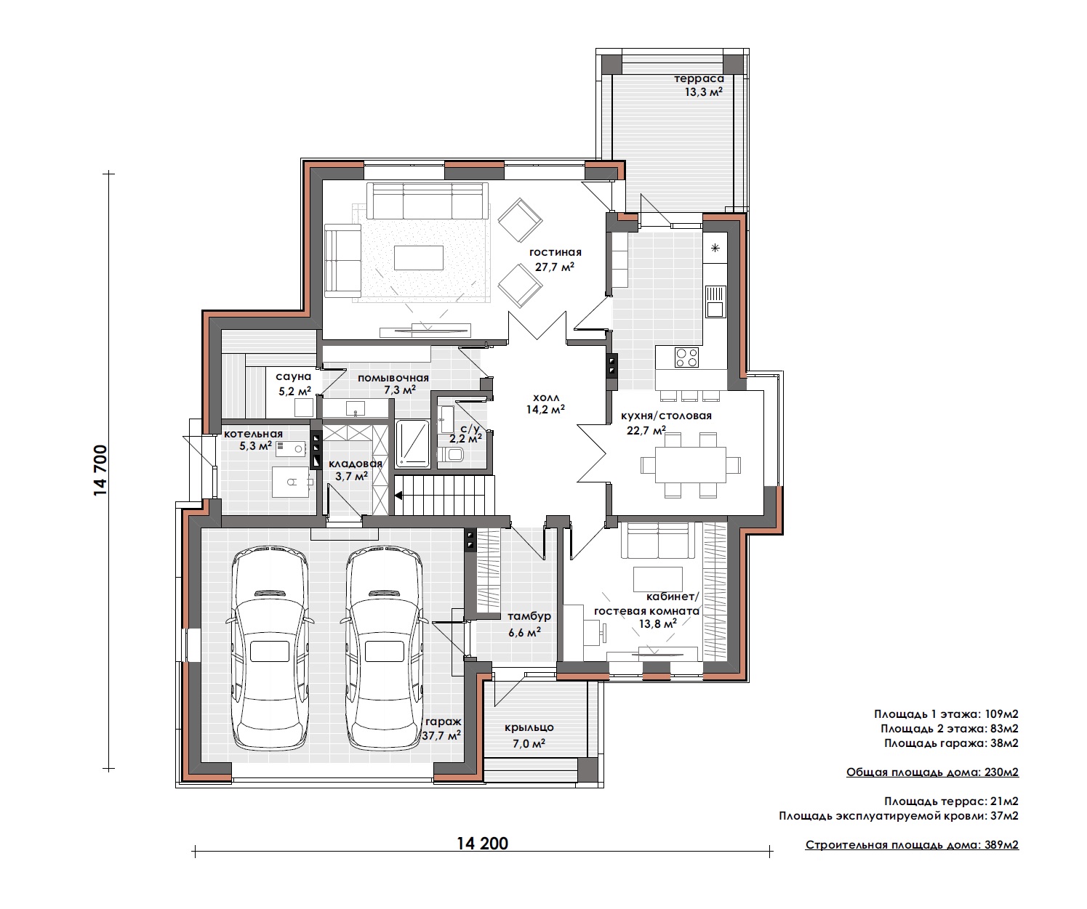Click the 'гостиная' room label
pos(555,253)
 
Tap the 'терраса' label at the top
pos(699,78)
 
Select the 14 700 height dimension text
pos(100,470)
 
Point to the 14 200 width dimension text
pos(483,844)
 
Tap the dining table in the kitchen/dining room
pos(690,464)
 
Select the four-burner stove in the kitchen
pos(686,357)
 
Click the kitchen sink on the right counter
pos(715,302)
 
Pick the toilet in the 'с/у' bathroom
pos(452,455)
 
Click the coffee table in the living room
pos(419,258)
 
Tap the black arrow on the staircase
pos(398,496)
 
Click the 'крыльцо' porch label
pos(529,727)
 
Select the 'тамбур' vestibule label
pos(529,617)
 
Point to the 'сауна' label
pos(294,376)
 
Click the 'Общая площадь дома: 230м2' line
pos(932,772)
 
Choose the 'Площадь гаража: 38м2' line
pos(951,743)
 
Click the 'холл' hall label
pos(546,397)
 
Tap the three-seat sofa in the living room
pos(428,201)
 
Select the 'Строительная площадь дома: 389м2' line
pos(912,845)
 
